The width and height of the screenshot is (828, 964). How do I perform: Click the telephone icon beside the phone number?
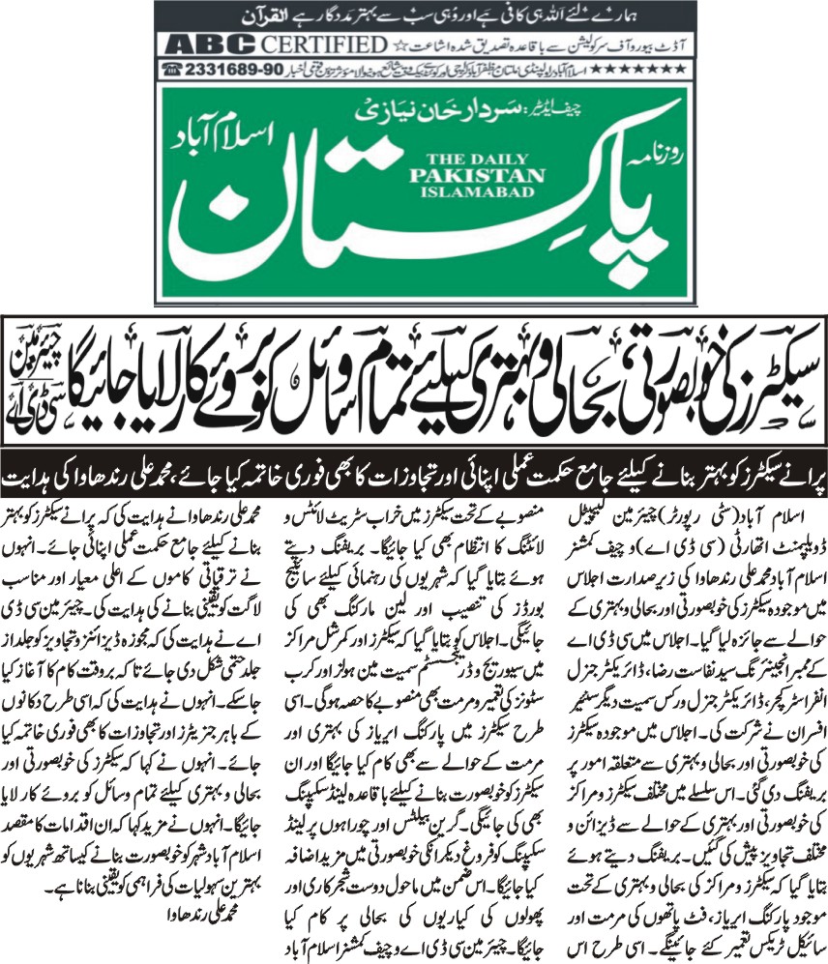coord(175,70)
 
